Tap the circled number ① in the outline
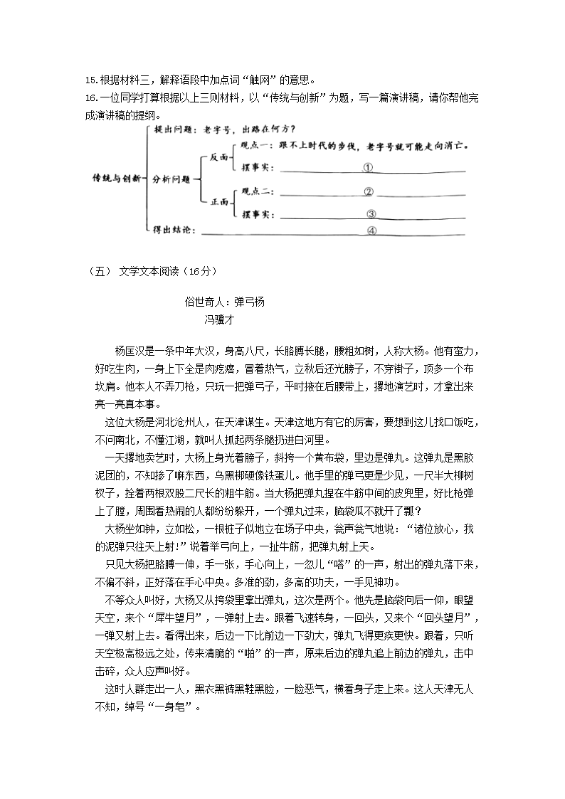click(x=368, y=168)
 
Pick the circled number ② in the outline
click(x=369, y=191)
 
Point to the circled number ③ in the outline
click(x=371, y=213)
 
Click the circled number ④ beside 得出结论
click(x=371, y=231)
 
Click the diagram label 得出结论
click(x=173, y=229)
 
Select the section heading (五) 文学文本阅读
click(x=145, y=270)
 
